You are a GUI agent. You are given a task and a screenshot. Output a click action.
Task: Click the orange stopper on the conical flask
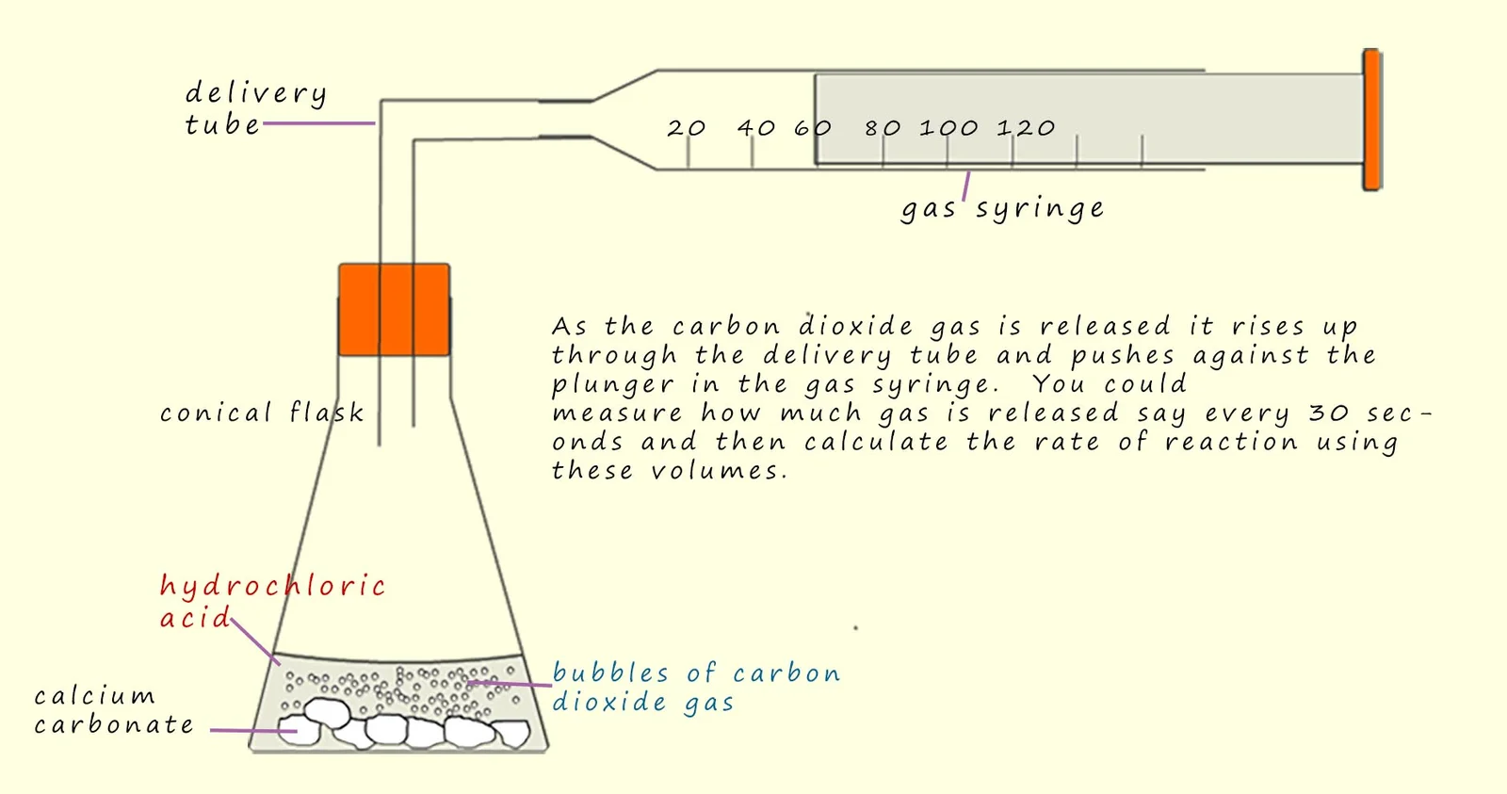click(x=395, y=310)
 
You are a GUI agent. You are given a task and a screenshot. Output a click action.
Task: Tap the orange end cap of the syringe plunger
click(x=1371, y=120)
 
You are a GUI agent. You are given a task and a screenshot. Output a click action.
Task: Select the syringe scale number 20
click(x=687, y=128)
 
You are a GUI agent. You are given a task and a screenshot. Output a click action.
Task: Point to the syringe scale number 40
click(x=757, y=128)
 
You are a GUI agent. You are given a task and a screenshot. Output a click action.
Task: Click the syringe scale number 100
click(x=948, y=128)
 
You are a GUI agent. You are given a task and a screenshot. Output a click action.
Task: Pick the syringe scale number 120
click(x=1026, y=128)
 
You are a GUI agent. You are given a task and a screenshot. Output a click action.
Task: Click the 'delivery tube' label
click(x=255, y=108)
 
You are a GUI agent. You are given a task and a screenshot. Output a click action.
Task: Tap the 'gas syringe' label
click(x=1002, y=208)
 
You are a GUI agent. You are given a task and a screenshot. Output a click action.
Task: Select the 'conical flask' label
click(x=262, y=412)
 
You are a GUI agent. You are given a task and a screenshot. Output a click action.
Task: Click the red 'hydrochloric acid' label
click(x=272, y=602)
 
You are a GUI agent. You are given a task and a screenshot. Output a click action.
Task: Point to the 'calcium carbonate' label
click(x=114, y=710)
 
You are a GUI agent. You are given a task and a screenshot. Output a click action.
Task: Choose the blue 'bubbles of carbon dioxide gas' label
click(x=696, y=687)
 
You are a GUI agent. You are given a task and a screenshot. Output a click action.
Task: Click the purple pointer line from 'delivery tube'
click(x=319, y=123)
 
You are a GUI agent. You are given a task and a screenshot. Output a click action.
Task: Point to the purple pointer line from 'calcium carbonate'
click(x=253, y=730)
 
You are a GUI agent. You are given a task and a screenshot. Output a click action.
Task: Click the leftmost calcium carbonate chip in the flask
click(x=299, y=731)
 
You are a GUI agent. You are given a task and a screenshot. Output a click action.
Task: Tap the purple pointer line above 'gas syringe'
click(x=966, y=186)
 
